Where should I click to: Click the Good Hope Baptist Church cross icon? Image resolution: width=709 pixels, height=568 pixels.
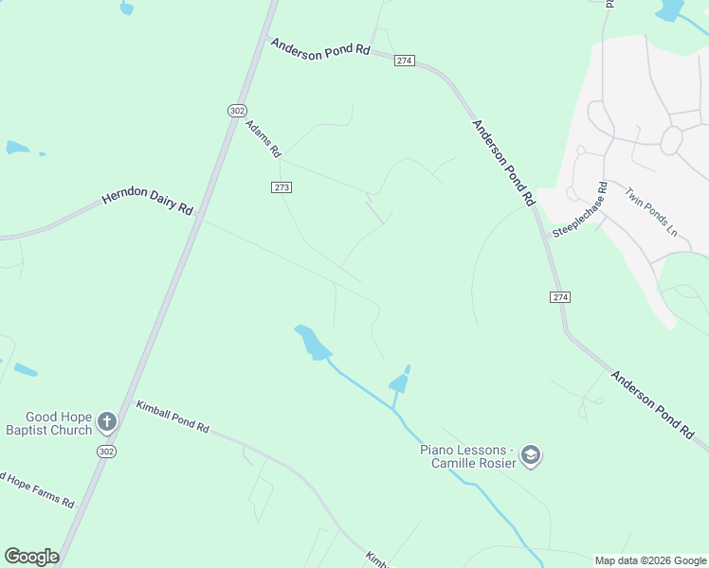click(107, 421)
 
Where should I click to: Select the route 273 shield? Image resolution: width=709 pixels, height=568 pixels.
click(282, 187)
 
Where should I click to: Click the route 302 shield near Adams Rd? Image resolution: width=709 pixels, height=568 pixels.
click(237, 111)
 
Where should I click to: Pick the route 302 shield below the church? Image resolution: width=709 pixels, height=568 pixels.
click(106, 453)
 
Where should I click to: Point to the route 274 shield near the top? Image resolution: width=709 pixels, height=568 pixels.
click(405, 61)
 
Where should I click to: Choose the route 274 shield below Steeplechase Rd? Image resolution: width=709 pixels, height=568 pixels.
click(560, 297)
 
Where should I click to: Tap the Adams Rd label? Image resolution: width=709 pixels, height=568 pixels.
click(264, 138)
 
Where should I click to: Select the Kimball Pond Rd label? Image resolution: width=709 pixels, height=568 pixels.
click(172, 417)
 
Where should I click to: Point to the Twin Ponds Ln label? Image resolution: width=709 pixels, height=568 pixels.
click(651, 212)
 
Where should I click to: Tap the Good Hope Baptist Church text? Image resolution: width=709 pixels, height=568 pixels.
click(58, 423)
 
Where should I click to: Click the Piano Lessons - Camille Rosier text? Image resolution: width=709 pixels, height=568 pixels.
click(467, 456)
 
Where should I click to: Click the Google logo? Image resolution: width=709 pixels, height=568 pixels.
click(31, 557)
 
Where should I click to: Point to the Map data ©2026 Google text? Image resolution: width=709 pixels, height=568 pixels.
click(650, 560)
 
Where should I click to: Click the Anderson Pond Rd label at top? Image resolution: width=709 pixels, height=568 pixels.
click(319, 47)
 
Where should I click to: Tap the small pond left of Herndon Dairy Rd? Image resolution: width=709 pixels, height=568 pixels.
click(17, 148)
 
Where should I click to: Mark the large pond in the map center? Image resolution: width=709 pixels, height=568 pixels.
click(312, 342)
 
